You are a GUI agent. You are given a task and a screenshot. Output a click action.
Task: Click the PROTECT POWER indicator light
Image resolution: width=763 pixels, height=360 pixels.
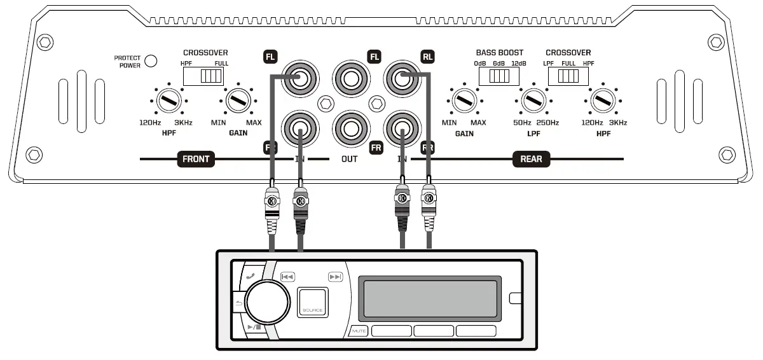point(151,61)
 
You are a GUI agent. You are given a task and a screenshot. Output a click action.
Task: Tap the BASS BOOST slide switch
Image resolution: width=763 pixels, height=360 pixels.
point(499,76)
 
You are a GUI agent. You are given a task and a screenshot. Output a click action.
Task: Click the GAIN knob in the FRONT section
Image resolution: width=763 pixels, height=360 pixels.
point(237,100)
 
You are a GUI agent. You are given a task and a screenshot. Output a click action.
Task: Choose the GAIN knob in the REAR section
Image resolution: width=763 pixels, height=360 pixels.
point(465,100)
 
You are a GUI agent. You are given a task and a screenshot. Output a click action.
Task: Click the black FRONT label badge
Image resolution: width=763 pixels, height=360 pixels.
point(195,159)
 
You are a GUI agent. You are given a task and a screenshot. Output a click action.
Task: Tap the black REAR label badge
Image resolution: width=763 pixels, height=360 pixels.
point(531,159)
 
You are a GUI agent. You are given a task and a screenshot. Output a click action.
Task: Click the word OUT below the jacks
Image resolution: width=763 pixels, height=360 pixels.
point(349,159)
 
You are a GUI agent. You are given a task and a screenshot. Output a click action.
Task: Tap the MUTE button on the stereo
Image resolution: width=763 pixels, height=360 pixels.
point(358,331)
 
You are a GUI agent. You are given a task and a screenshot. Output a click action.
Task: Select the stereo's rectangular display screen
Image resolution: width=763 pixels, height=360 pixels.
point(429,298)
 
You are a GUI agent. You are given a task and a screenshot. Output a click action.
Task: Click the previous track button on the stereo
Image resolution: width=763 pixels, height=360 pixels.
point(287,277)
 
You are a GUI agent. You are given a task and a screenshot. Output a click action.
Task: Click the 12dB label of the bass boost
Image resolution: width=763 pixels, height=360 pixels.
point(518,64)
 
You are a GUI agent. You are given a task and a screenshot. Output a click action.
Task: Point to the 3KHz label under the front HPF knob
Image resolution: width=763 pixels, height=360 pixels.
point(183,122)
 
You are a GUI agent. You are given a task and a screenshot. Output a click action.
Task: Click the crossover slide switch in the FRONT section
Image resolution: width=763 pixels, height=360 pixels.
point(203,76)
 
